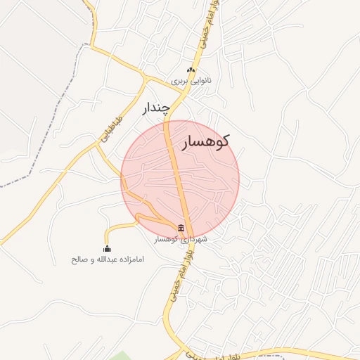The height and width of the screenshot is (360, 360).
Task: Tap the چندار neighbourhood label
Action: coord(157,108)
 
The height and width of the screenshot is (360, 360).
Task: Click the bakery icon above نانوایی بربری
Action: coord(190,70)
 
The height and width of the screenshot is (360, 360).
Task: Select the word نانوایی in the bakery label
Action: coord(199,81)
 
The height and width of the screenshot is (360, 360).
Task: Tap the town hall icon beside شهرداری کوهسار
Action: coord(182,228)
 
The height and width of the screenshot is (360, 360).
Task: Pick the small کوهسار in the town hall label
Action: coord(169,240)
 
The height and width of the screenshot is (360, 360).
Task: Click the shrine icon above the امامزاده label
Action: coord(107,248)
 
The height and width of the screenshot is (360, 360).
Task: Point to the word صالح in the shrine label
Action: coord(79,259)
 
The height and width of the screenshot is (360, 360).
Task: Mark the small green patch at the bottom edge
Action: coord(120,355)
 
